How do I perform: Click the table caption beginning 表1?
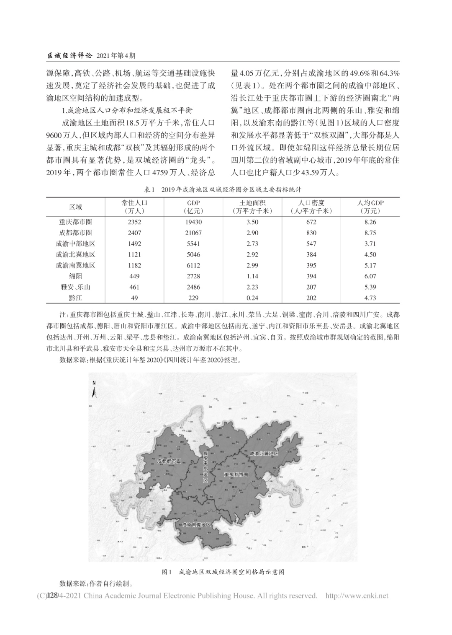[222, 189]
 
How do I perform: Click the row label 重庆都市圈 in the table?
[75, 222]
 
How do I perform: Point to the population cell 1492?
[134, 244]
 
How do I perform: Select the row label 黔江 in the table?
[75, 298]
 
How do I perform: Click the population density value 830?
[311, 233]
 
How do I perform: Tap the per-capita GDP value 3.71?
[370, 244]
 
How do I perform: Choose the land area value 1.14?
[252, 276]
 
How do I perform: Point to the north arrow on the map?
[95, 390]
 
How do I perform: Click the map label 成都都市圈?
[169, 461]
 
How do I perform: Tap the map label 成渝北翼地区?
[264, 454]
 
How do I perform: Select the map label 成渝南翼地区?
[196, 524]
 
